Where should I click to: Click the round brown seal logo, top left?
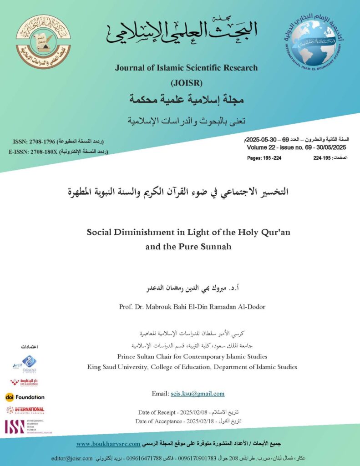pyautogui.click(x=43, y=41)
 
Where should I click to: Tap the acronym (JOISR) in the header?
pyautogui.click(x=186, y=83)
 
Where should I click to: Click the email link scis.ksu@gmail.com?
pyautogui.click(x=197, y=394)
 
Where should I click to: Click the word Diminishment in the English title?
pyautogui.click(x=137, y=232)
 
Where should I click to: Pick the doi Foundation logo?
pyautogui.click(x=25, y=397)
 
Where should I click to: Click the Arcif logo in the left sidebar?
pyautogui.click(x=25, y=364)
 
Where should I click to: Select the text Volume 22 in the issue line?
pyautogui.click(x=260, y=148)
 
